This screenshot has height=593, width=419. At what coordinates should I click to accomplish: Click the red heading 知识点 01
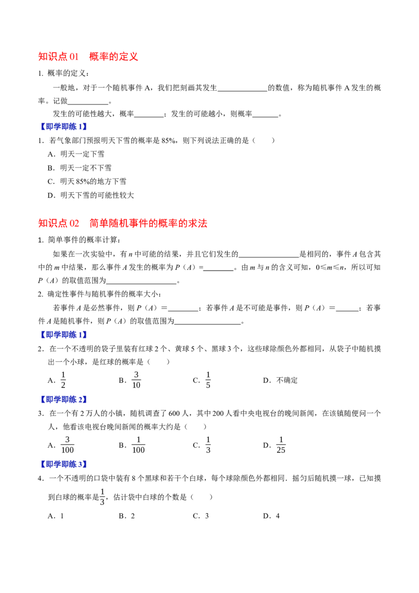point(58,57)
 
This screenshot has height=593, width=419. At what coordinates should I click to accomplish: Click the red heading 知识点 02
point(59,223)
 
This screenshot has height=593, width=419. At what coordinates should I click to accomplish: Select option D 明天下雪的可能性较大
point(91,195)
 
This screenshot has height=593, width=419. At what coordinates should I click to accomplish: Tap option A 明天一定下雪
point(76,154)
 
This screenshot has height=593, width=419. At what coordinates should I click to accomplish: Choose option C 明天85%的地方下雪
point(87,182)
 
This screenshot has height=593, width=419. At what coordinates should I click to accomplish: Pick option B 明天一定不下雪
point(80,168)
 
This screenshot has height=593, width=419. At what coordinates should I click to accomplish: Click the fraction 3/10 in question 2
point(136,380)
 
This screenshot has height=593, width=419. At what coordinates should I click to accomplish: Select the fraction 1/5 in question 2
point(208,380)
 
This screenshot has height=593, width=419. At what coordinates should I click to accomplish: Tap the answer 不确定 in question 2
point(287,380)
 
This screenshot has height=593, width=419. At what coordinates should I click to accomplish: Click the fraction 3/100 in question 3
point(68,445)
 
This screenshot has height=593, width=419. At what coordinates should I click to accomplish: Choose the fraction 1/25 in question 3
point(281,445)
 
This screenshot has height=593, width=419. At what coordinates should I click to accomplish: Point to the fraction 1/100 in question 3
point(138,445)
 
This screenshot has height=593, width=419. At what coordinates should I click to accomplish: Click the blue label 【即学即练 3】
point(63,464)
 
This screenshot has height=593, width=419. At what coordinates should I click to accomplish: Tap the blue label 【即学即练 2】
point(63,399)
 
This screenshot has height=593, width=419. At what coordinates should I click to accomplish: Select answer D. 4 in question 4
point(271,516)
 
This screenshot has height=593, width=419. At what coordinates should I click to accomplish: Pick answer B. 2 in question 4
point(127,516)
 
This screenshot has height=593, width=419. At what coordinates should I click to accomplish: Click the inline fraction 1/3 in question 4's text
point(102,497)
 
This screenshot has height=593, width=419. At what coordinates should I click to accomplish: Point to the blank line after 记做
point(88,104)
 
